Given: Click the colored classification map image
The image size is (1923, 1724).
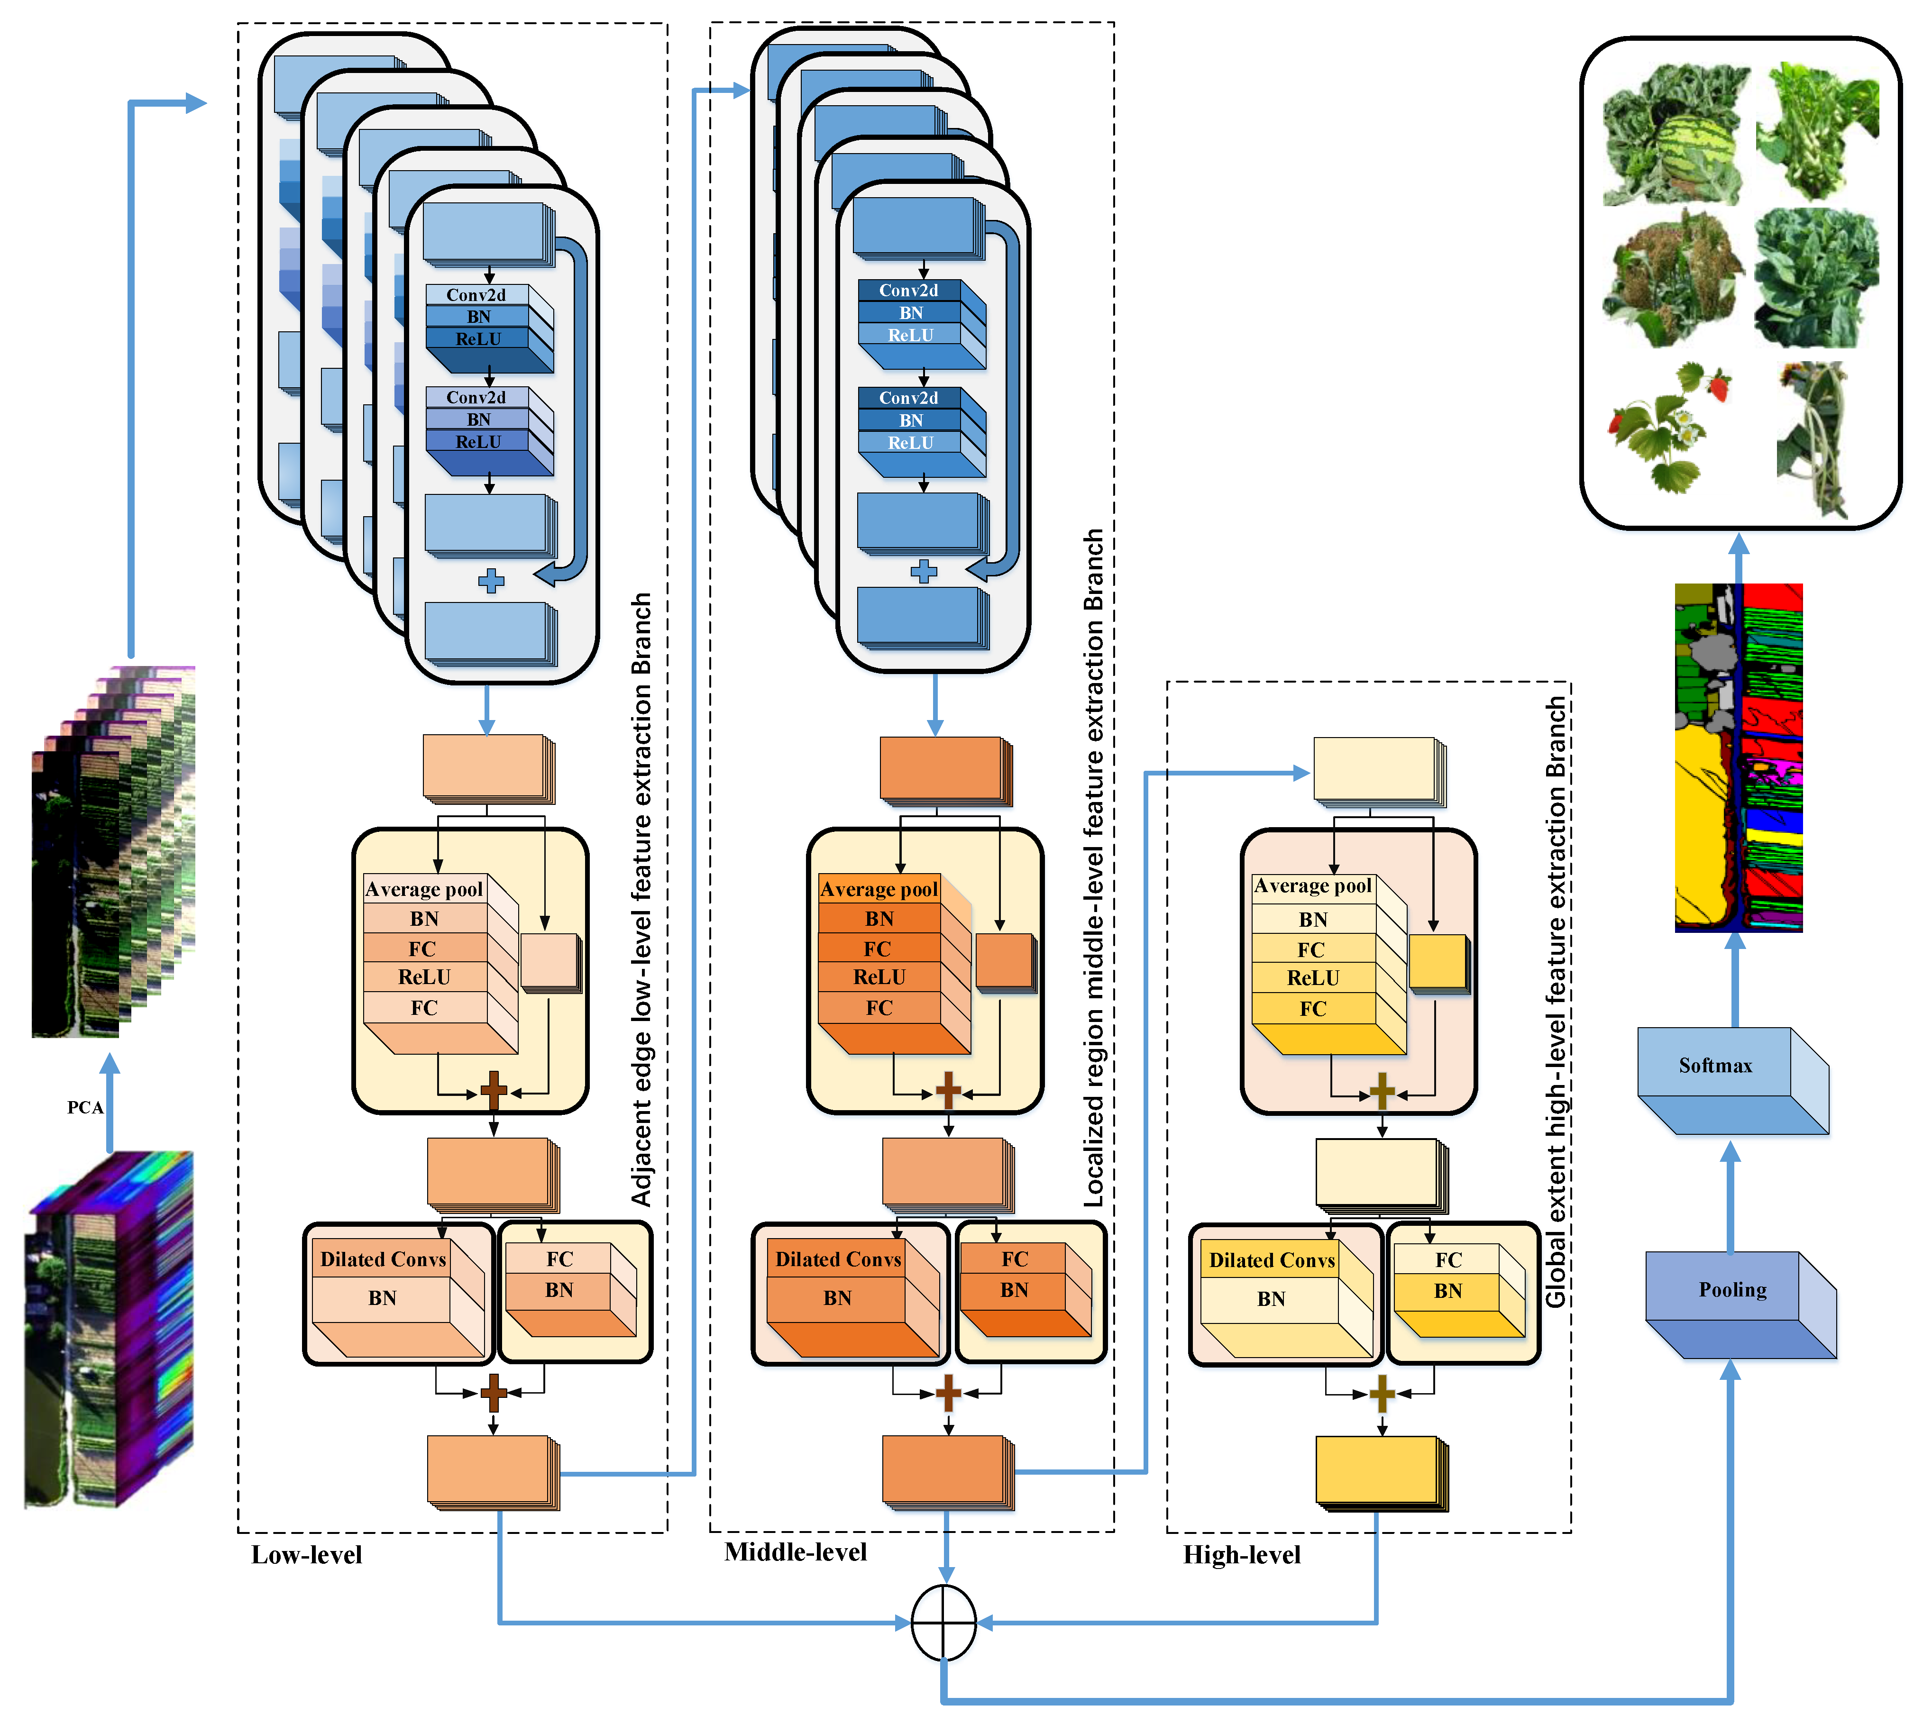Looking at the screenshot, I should click(x=1738, y=758).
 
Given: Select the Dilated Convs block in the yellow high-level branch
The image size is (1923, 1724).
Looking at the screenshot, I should click(x=1271, y=1261).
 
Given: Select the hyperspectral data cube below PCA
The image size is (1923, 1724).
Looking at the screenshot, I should click(x=109, y=1326).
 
